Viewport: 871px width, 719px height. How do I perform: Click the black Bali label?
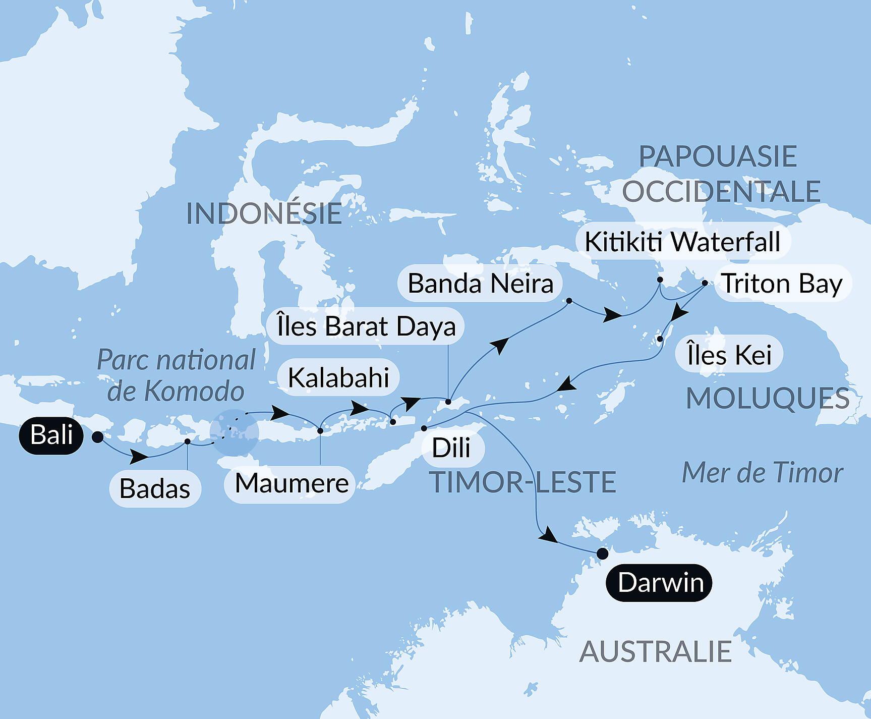pyautogui.click(x=51, y=435)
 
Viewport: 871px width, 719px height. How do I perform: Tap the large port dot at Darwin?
pyautogui.click(x=602, y=554)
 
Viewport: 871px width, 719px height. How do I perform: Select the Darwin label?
pyautogui.click(x=659, y=583)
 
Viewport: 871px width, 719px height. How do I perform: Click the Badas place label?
pyautogui.click(x=155, y=488)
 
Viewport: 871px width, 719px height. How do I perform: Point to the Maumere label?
pyautogui.click(x=291, y=483)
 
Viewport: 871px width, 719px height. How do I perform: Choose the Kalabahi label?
pyautogui.click(x=338, y=377)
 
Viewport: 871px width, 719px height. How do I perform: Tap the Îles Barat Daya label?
pyautogui.click(x=366, y=326)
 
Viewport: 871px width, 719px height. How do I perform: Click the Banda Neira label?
pyautogui.click(x=480, y=283)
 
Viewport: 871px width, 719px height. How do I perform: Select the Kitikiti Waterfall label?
pyautogui.click(x=682, y=241)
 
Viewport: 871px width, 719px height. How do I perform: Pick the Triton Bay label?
pyautogui.click(x=782, y=283)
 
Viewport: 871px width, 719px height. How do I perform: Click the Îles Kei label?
pyautogui.click(x=729, y=354)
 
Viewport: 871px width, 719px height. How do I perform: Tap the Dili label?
pyautogui.click(x=451, y=448)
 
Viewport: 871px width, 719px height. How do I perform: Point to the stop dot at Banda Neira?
pyautogui.click(x=569, y=301)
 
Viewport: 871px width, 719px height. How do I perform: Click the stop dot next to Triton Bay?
pyautogui.click(x=705, y=283)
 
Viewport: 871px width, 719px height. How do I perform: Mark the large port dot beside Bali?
pyautogui.click(x=98, y=437)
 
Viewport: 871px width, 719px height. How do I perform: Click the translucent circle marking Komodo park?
pyautogui.click(x=235, y=433)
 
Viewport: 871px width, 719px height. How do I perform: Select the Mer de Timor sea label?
pyautogui.click(x=762, y=473)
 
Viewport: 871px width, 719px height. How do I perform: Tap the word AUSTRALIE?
pyautogui.click(x=655, y=651)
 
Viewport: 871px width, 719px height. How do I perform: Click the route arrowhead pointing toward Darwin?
pyautogui.click(x=548, y=536)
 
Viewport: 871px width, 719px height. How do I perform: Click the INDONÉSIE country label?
pyautogui.click(x=264, y=213)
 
